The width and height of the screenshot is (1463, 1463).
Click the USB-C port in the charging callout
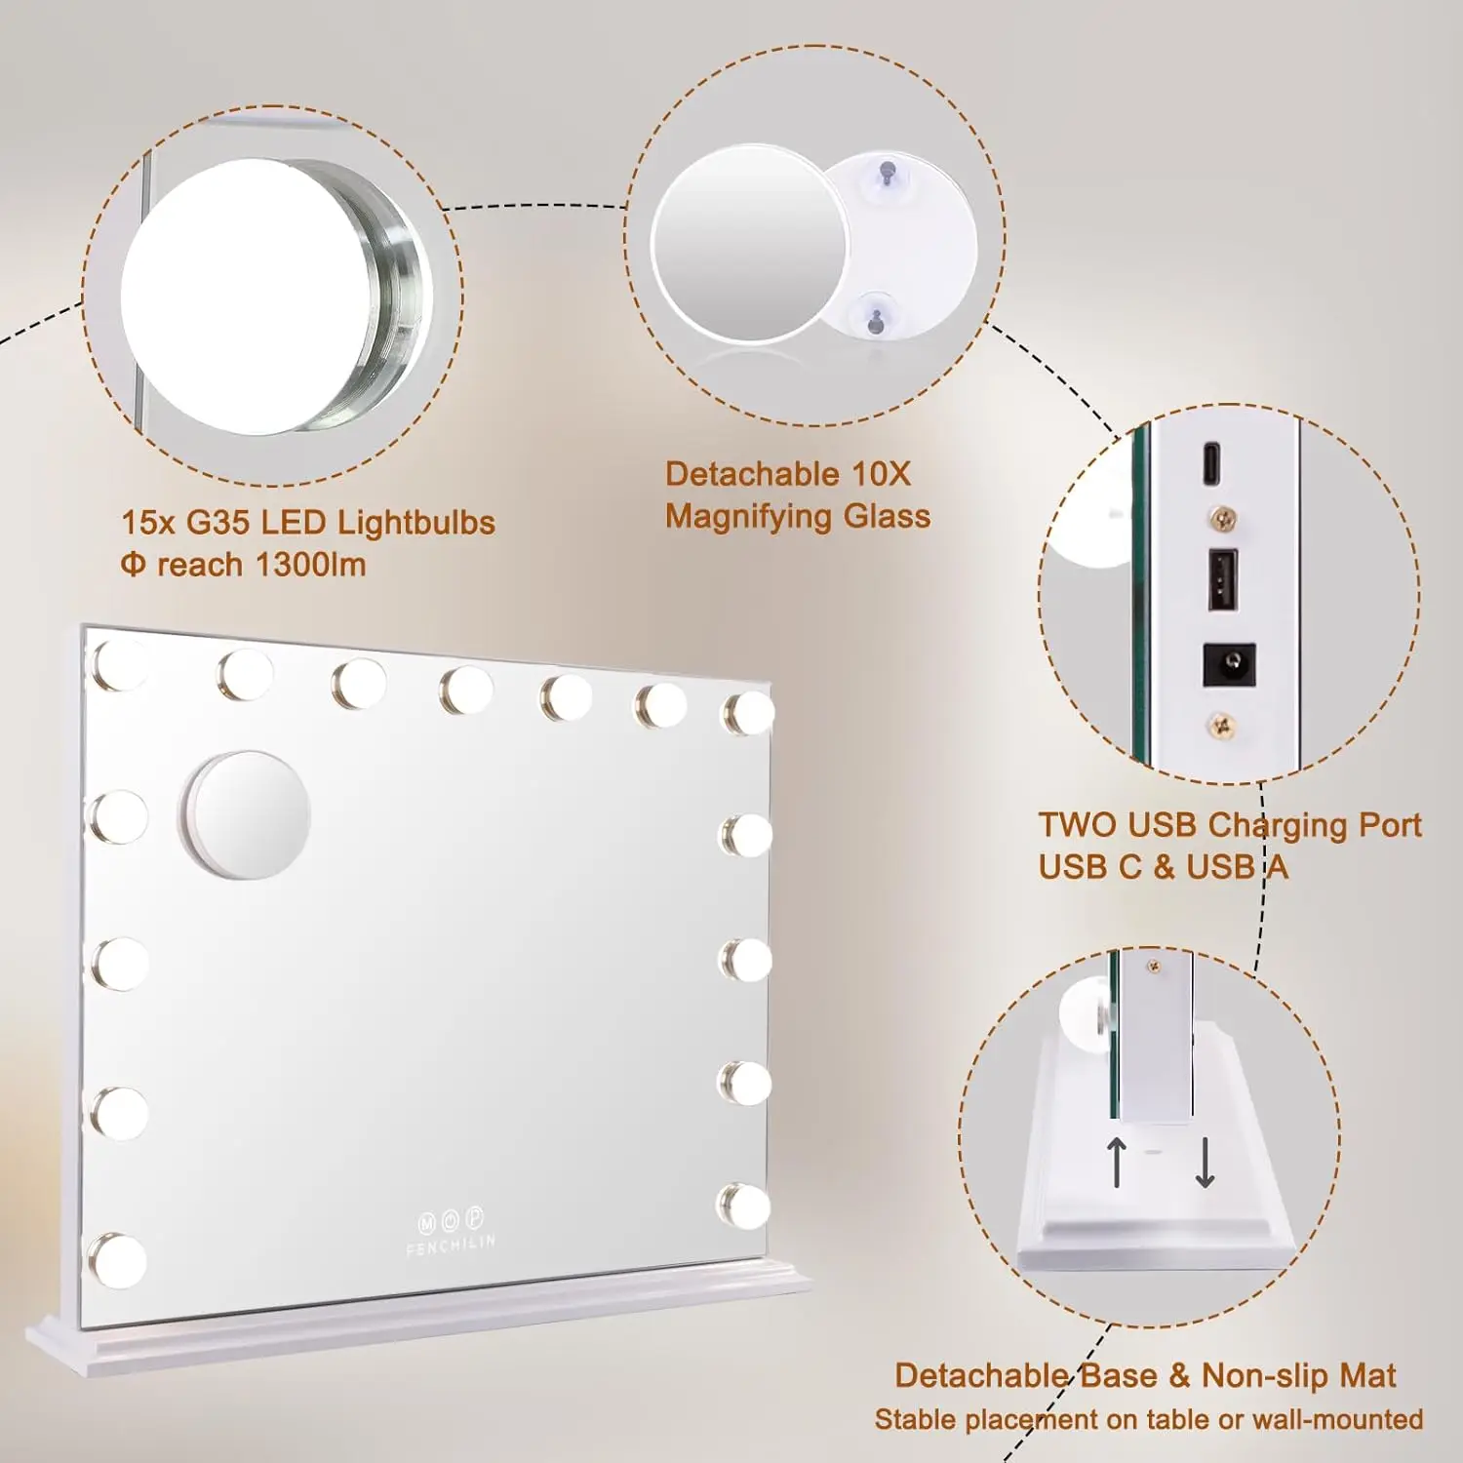click(x=1211, y=462)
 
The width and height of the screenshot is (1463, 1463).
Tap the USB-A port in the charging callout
click(x=1223, y=580)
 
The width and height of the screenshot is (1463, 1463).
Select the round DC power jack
click(x=1228, y=665)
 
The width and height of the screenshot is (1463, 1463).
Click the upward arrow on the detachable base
click(x=1118, y=1162)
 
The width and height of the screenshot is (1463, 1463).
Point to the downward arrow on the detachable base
click(x=1205, y=1162)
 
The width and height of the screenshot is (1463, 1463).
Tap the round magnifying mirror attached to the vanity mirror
click(x=247, y=814)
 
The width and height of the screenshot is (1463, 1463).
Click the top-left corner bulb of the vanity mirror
click(x=118, y=665)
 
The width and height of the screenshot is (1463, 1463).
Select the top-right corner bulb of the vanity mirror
click(x=748, y=712)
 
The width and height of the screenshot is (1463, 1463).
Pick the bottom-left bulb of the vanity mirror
click(x=119, y=1260)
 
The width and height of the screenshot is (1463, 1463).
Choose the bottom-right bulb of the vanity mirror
click(x=744, y=1206)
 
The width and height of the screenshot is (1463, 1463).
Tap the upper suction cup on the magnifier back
click(x=887, y=174)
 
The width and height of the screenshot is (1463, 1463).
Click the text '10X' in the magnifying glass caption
click(x=880, y=475)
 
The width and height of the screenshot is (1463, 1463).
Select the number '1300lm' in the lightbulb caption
click(x=310, y=565)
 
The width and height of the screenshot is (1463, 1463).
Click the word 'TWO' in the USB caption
click(x=1078, y=825)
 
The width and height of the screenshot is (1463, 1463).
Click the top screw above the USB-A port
click(x=1222, y=518)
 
